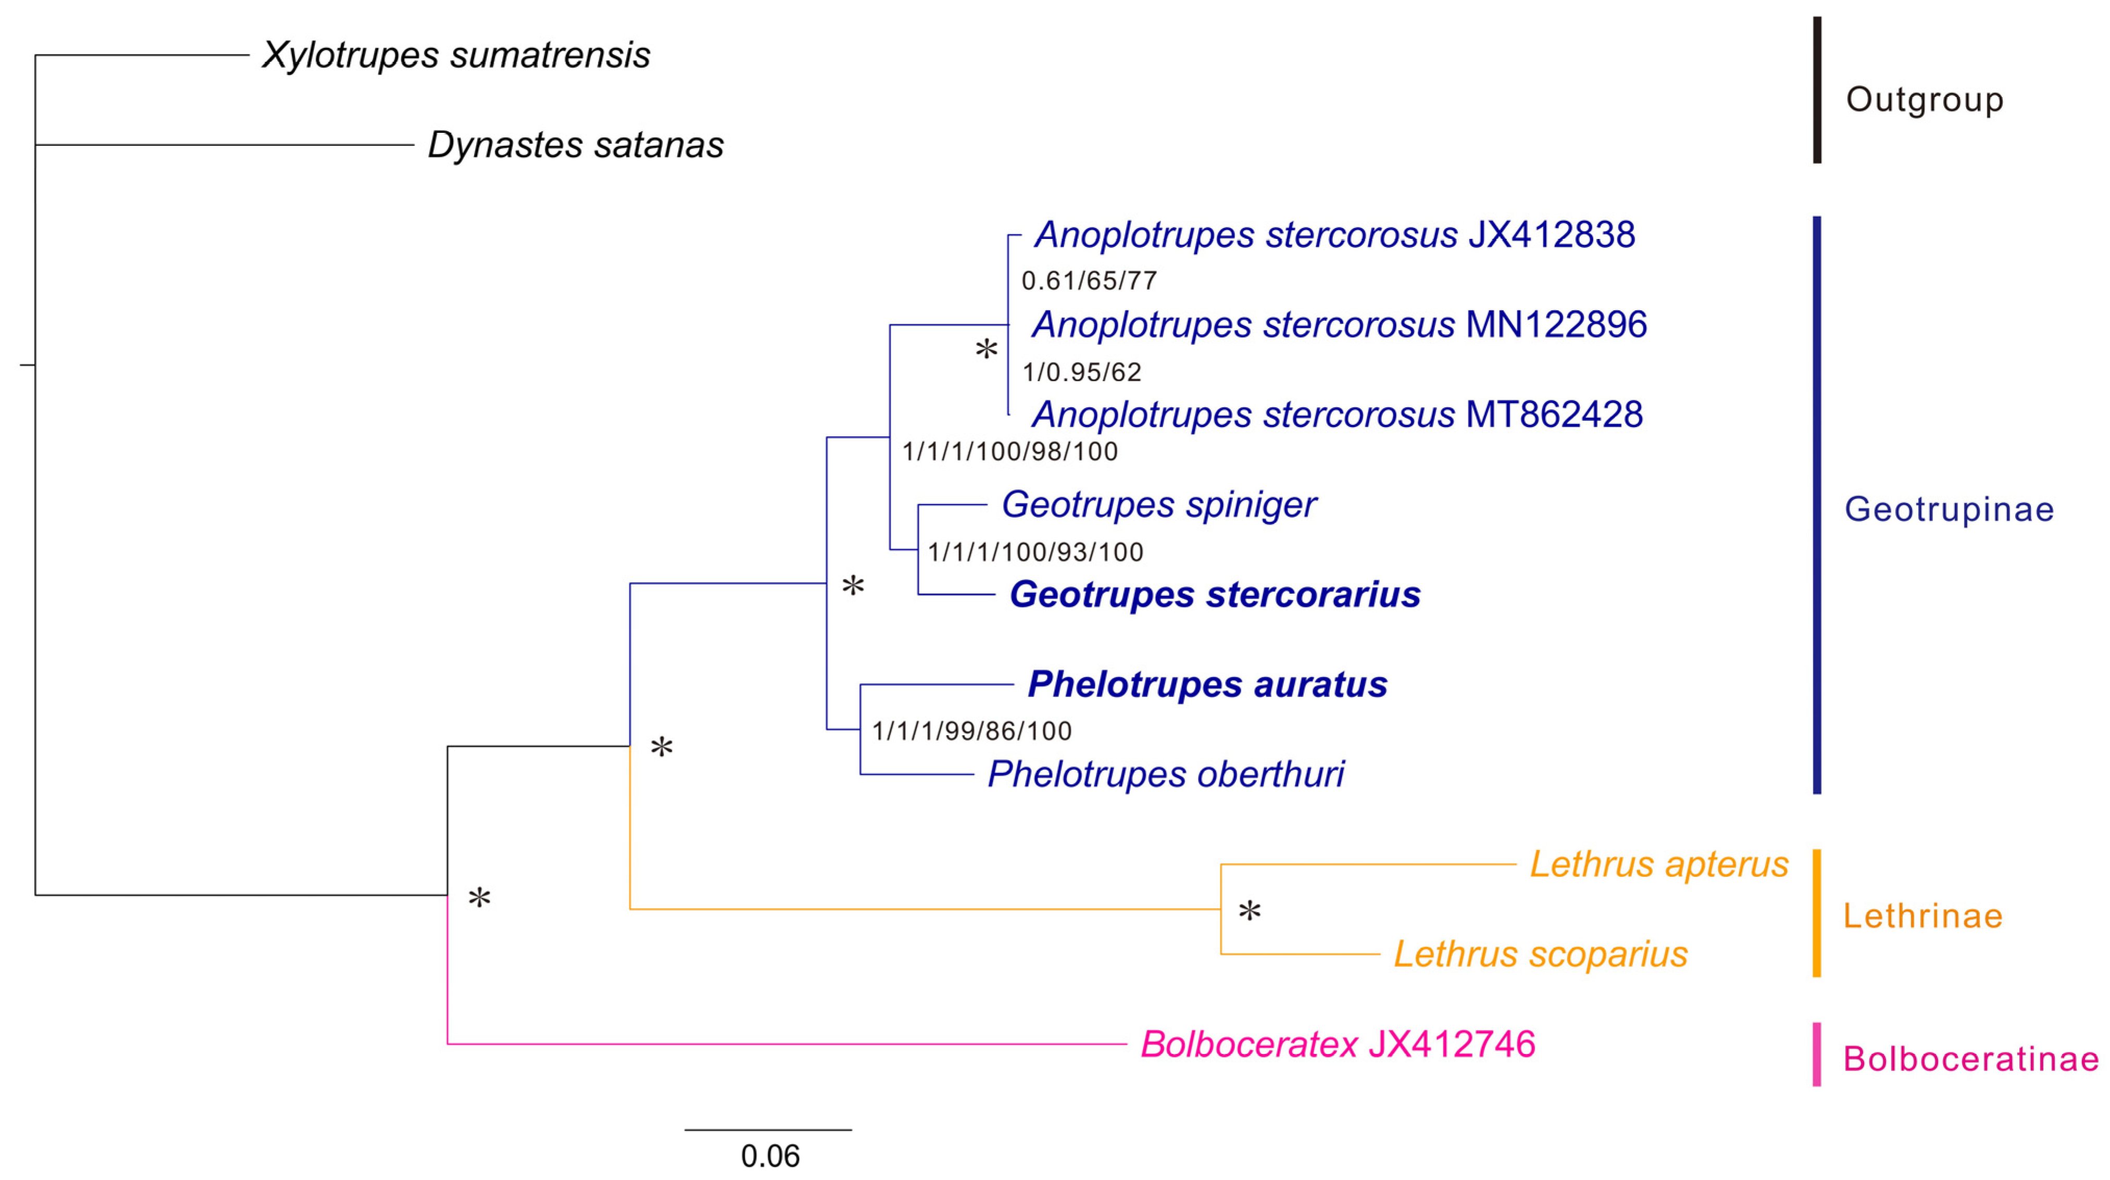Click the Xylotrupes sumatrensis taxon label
pos(455,56)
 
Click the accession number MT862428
pos(1554,415)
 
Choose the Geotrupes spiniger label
pos(1158,505)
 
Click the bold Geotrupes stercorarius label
pos(1215,595)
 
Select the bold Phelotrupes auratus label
pos(1207,685)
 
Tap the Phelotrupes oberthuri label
pos(1166,775)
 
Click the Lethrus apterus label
pos(1659,865)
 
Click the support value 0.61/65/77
pos(1089,281)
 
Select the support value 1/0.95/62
pos(1081,372)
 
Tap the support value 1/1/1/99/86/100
pos(971,731)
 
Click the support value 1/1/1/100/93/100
pos(1035,552)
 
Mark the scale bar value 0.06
pos(770,1156)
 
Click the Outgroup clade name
pos(1924,100)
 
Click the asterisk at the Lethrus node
pos(1249,911)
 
